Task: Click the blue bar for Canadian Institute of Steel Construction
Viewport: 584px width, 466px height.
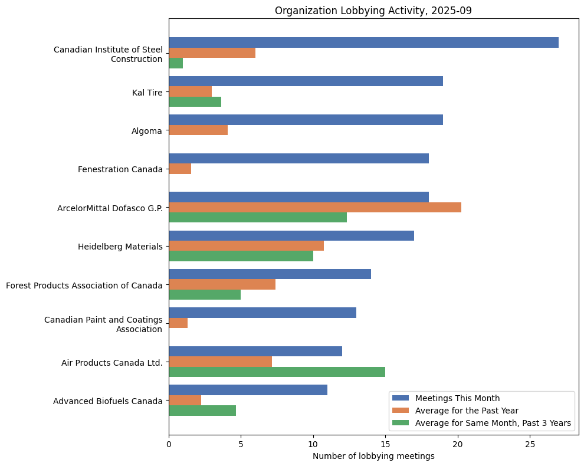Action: point(363,42)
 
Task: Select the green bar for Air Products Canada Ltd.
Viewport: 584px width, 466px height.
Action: point(277,372)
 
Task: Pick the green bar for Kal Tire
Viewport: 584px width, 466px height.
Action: point(195,101)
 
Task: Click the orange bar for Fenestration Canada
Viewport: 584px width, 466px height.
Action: point(180,169)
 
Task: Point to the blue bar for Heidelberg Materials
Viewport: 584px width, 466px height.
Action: point(291,236)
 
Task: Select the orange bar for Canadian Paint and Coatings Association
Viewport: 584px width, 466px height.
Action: point(178,323)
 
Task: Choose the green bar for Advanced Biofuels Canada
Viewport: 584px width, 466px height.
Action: point(202,411)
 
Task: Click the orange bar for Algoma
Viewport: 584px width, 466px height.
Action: point(198,130)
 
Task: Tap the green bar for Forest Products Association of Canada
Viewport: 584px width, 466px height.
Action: point(205,294)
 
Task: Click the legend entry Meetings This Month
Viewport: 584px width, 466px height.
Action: point(457,398)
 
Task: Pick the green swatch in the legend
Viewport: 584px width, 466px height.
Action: point(401,423)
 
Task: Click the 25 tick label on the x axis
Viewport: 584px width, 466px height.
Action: point(530,444)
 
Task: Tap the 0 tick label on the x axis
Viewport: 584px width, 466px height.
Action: point(169,444)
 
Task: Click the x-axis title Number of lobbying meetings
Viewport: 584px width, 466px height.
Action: point(373,456)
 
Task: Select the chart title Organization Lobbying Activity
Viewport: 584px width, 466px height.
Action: point(373,11)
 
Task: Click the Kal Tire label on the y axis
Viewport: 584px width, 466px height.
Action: point(147,92)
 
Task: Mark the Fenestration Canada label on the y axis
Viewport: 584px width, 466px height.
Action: point(120,169)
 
